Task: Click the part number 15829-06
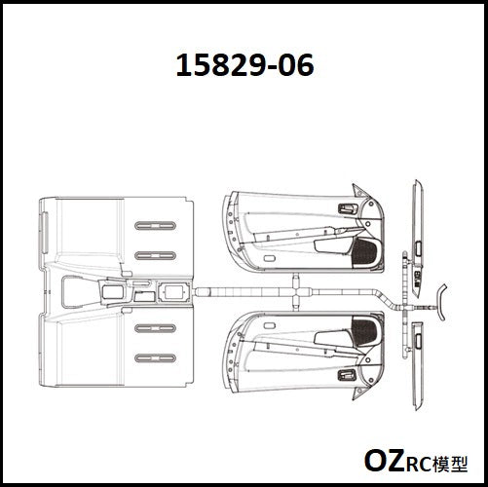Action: [244, 65]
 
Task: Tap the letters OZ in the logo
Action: [384, 461]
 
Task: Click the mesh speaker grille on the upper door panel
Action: [364, 252]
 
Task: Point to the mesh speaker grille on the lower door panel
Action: [364, 331]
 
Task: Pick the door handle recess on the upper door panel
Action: [349, 208]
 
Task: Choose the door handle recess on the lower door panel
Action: [348, 375]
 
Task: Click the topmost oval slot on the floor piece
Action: [155, 226]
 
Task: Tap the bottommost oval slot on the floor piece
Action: [155, 358]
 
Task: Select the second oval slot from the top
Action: [155, 256]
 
